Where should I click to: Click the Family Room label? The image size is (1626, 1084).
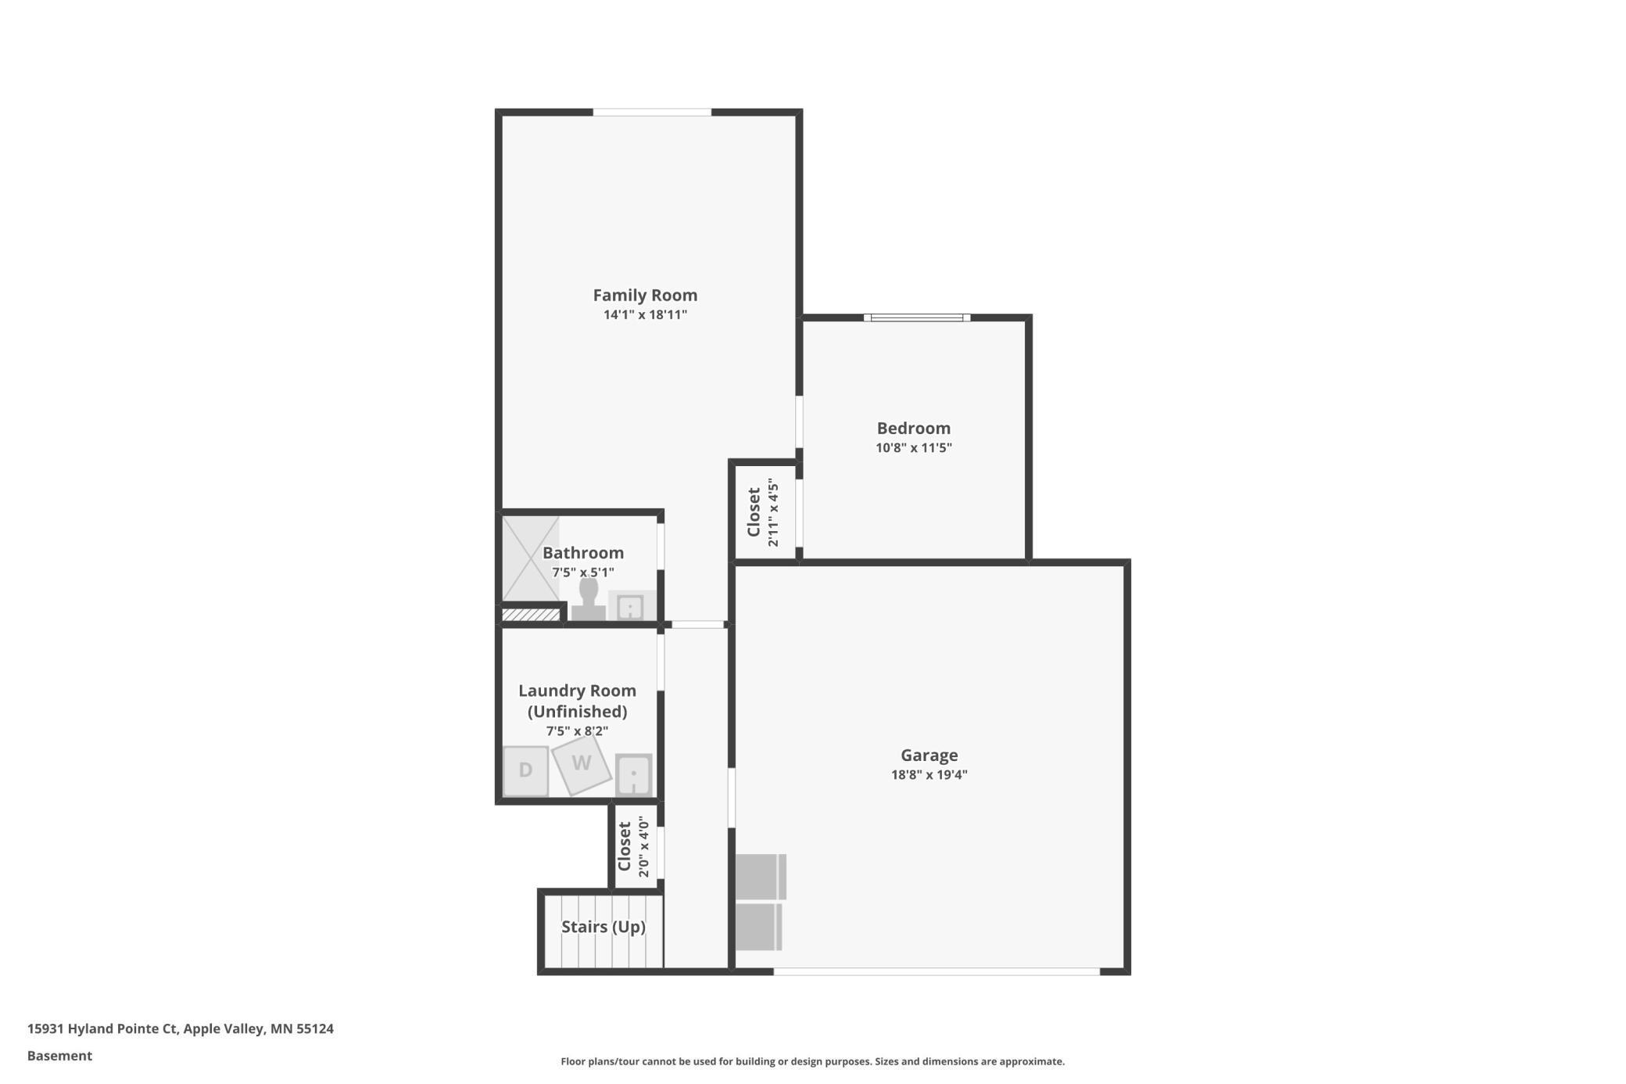pyautogui.click(x=645, y=295)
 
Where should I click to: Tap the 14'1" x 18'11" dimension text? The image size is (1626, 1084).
pyautogui.click(x=645, y=315)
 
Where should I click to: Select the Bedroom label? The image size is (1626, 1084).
pyautogui.click(x=913, y=428)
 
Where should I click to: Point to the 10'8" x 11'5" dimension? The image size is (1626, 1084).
pyautogui.click(x=913, y=448)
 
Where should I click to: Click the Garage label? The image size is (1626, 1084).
pyautogui.click(x=929, y=755)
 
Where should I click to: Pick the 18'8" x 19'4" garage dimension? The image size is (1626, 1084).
pyautogui.click(x=929, y=775)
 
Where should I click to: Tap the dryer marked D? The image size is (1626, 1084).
pyautogui.click(x=525, y=770)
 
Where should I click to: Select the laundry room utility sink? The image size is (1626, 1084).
pyautogui.click(x=633, y=774)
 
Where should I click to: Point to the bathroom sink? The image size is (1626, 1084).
pyautogui.click(x=630, y=606)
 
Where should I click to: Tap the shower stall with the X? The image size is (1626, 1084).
pyautogui.click(x=530, y=558)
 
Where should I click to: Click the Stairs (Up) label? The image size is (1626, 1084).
pyautogui.click(x=603, y=927)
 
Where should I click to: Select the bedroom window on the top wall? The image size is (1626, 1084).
pyautogui.click(x=917, y=318)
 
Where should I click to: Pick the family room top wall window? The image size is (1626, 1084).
pyautogui.click(x=652, y=113)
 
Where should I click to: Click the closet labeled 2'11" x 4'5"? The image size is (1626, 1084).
pyautogui.click(x=763, y=512)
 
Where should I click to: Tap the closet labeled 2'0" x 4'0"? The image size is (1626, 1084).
pyautogui.click(x=633, y=846)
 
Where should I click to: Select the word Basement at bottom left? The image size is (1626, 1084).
pyautogui.click(x=59, y=1056)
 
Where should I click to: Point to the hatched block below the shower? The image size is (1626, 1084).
pyautogui.click(x=531, y=615)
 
